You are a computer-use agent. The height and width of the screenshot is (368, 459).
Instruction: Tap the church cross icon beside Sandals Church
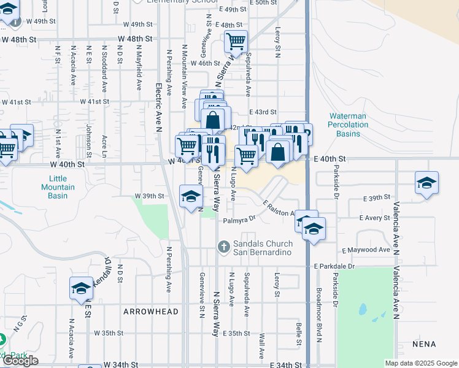(x=225, y=247)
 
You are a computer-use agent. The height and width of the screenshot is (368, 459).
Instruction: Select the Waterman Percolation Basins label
(x=349, y=125)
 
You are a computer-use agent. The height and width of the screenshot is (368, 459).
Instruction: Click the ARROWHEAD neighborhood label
(x=151, y=312)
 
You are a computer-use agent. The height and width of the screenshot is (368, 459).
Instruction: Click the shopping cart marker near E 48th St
(x=236, y=42)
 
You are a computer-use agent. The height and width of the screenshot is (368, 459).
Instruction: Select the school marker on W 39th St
(x=191, y=196)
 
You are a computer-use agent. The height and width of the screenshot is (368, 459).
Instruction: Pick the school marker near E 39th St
(x=426, y=183)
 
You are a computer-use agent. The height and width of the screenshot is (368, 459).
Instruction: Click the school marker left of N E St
(x=81, y=288)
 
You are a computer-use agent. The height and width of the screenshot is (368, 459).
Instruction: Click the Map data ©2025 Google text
(x=420, y=363)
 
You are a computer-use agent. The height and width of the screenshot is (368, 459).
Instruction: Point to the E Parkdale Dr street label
(x=334, y=266)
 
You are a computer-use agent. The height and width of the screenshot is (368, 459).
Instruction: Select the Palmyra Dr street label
(x=239, y=220)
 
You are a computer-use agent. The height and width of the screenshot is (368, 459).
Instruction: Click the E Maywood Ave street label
(x=366, y=250)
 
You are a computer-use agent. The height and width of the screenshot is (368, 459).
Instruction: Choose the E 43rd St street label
(x=264, y=112)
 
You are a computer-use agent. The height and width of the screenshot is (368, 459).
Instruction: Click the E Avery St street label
(x=374, y=218)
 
